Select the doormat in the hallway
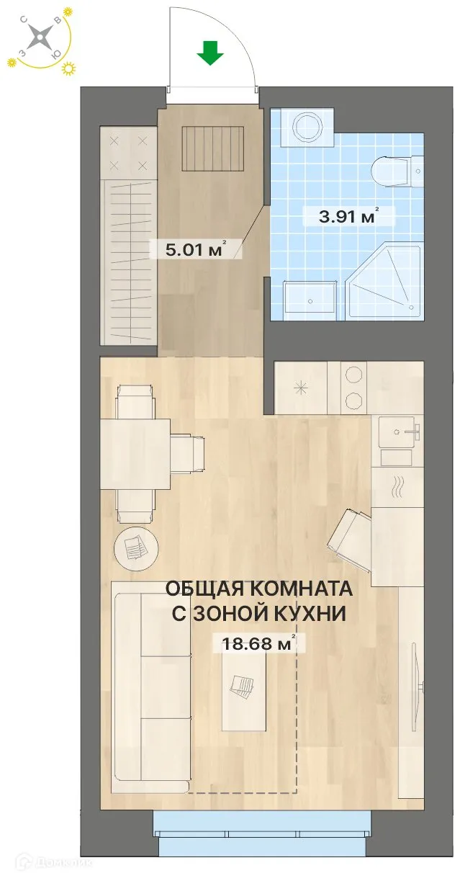[213, 148]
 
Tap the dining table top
[135, 454]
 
